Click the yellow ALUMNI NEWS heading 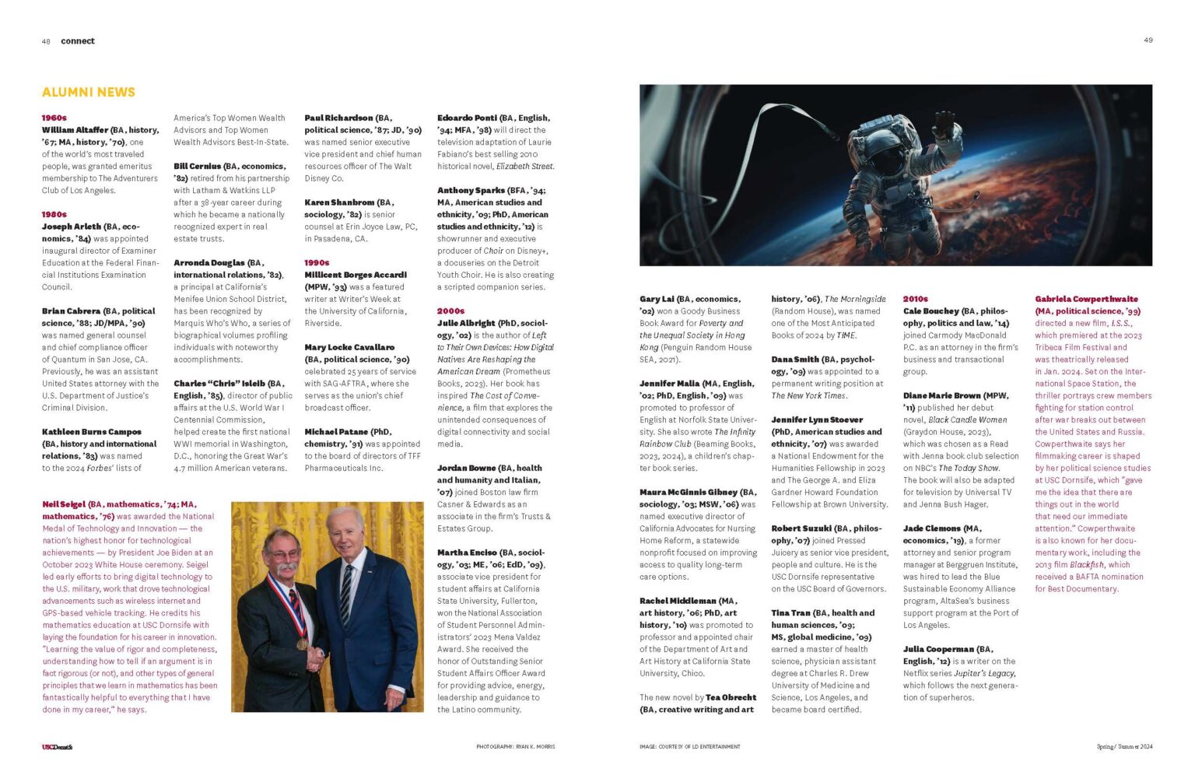pyautogui.click(x=89, y=92)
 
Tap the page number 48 pyautogui.click(x=46, y=41)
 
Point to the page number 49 pyautogui.click(x=1148, y=40)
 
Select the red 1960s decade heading pyautogui.click(x=54, y=118)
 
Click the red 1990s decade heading pyautogui.click(x=317, y=263)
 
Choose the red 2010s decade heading pyautogui.click(x=915, y=299)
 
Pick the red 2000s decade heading pyautogui.click(x=450, y=311)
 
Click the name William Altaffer pyautogui.click(x=75, y=130)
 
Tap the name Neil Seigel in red pyautogui.click(x=64, y=504)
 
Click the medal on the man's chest pyautogui.click(x=301, y=643)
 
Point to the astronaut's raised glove pyautogui.click(x=944, y=123)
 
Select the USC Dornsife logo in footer pyautogui.click(x=57, y=747)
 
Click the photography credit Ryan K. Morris pyautogui.click(x=516, y=747)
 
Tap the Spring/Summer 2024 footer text pyautogui.click(x=1124, y=747)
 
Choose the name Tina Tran pyautogui.click(x=790, y=613)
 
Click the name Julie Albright pyautogui.click(x=466, y=323)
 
